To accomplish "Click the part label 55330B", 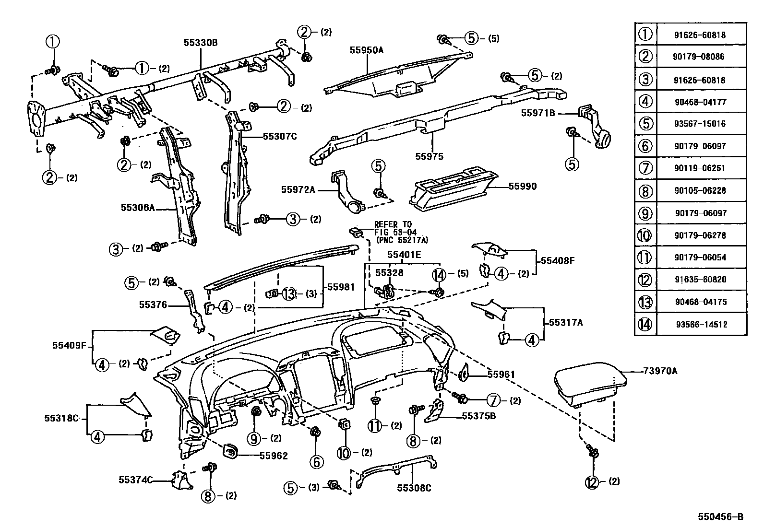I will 200,43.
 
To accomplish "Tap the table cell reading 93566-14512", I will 700,325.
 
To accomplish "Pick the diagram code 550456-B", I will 720,516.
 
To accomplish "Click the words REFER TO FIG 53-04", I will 393,228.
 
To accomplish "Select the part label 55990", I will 523,187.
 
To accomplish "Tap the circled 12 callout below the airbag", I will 593,482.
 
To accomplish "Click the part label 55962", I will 274,456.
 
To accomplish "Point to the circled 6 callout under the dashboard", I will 317,462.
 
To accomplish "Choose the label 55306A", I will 138,208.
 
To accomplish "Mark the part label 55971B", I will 538,113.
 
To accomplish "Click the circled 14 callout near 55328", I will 439,275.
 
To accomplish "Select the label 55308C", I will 414,489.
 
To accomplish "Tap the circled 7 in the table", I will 645,168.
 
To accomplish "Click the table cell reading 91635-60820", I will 700,280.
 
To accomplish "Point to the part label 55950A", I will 367,50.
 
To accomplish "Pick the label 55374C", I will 136,479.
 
